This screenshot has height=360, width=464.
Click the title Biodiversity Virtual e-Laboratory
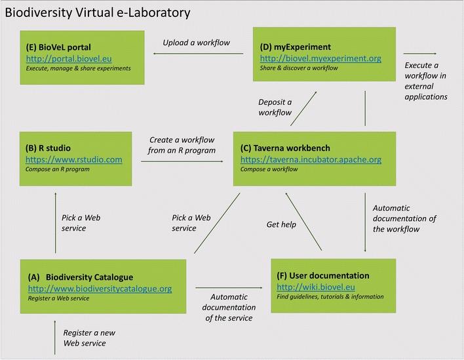pos(98,12)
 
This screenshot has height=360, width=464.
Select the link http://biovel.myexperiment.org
pos(320,58)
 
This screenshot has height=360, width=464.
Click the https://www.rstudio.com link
pos(74,159)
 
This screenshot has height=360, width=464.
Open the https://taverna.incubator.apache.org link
pos(311,159)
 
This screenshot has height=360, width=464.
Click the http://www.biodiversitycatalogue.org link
pos(100,289)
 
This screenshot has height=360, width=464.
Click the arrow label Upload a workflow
pos(196,43)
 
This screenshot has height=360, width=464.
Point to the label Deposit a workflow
pos(275,107)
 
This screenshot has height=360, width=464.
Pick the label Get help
pos(281,224)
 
